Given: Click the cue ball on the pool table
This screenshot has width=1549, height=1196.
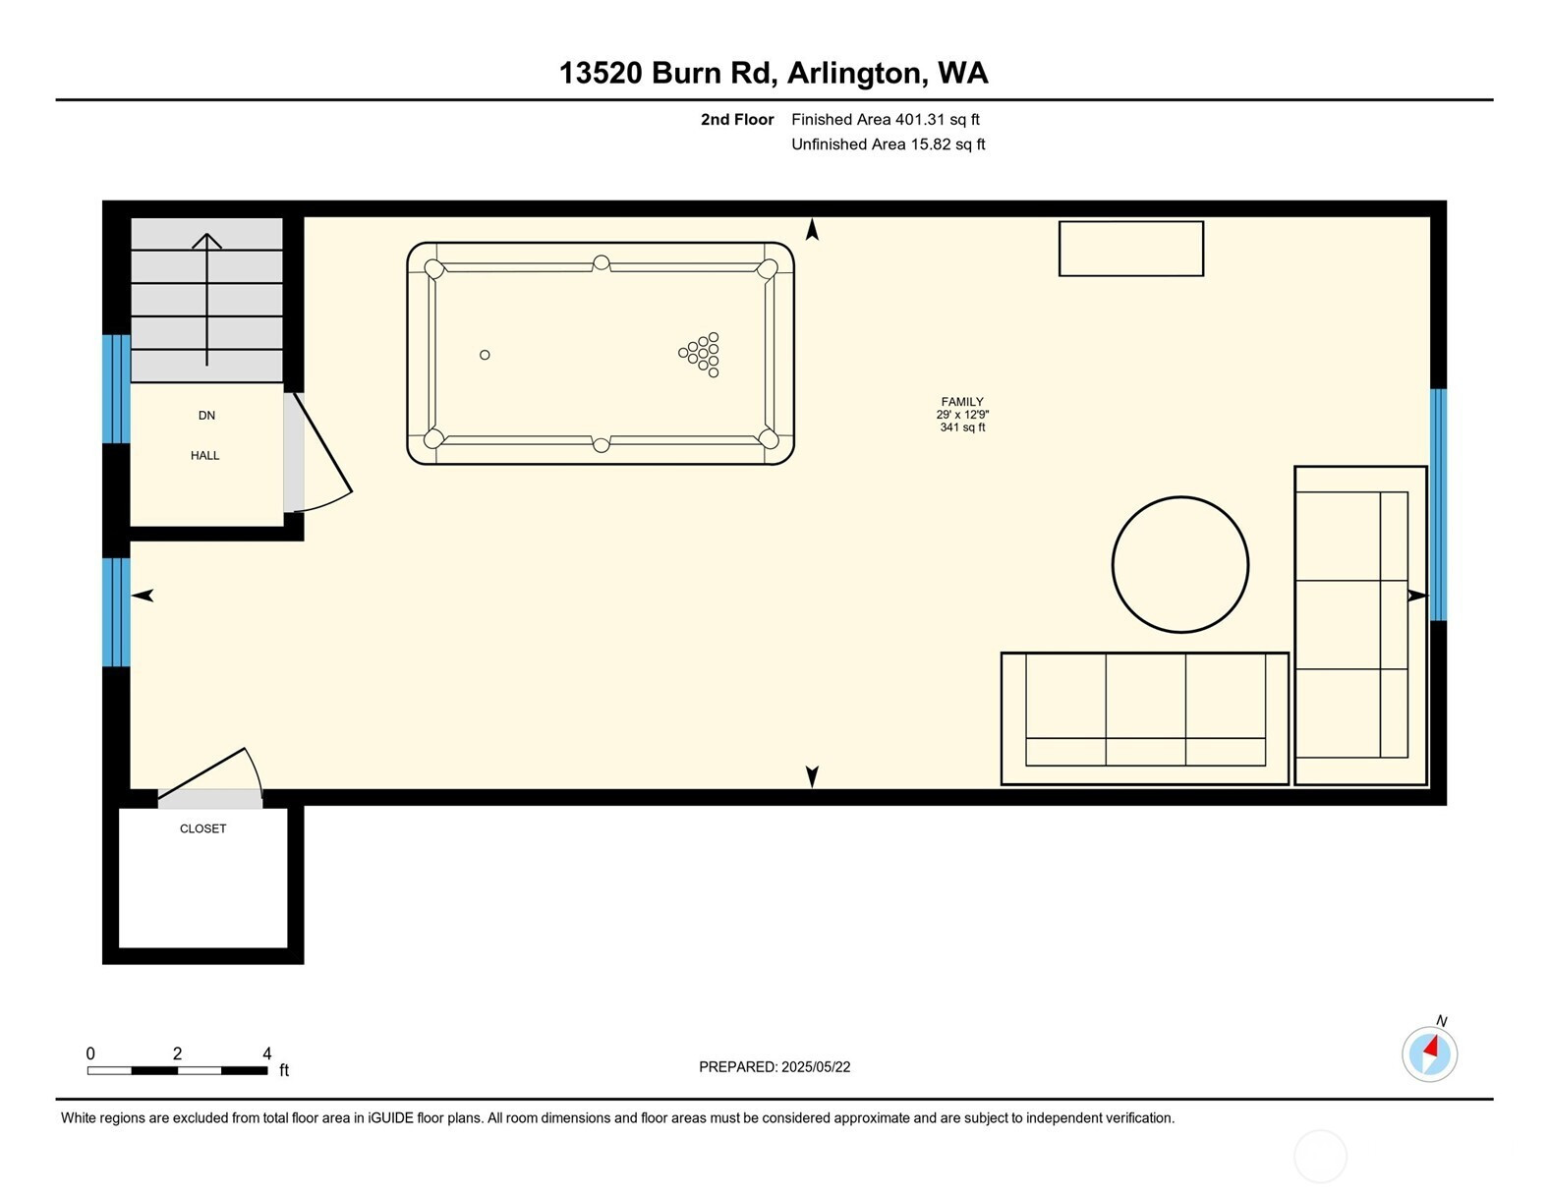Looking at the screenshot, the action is tap(485, 355).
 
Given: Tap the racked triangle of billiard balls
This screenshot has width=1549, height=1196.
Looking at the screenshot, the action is tap(700, 354).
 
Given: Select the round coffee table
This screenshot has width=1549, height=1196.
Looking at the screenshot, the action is tap(1179, 564).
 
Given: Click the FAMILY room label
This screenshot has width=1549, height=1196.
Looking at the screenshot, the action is tap(961, 402).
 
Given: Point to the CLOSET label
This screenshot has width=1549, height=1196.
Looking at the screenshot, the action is tap(203, 828).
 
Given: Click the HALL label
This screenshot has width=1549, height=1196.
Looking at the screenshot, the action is tap(204, 455).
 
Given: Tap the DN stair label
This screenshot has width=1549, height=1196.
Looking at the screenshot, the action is tap(206, 416).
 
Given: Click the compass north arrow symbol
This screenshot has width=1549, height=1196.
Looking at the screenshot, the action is tap(1429, 1054).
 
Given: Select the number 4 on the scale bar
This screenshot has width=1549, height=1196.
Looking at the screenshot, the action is tap(266, 1054).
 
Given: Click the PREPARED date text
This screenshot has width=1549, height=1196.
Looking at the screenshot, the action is tap(774, 1067).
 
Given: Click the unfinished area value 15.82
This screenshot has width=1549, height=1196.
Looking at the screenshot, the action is tap(930, 144).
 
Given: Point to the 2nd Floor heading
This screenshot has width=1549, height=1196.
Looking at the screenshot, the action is tap(737, 119).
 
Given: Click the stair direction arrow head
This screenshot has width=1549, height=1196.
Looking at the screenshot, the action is tap(206, 241).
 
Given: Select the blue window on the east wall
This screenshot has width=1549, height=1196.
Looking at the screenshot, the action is tap(1439, 504).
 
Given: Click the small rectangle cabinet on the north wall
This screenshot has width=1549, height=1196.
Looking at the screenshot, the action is tap(1130, 248).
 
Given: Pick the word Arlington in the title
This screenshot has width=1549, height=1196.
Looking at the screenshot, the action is tap(857, 73).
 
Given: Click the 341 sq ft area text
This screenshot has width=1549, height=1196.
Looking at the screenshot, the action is tap(962, 427).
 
